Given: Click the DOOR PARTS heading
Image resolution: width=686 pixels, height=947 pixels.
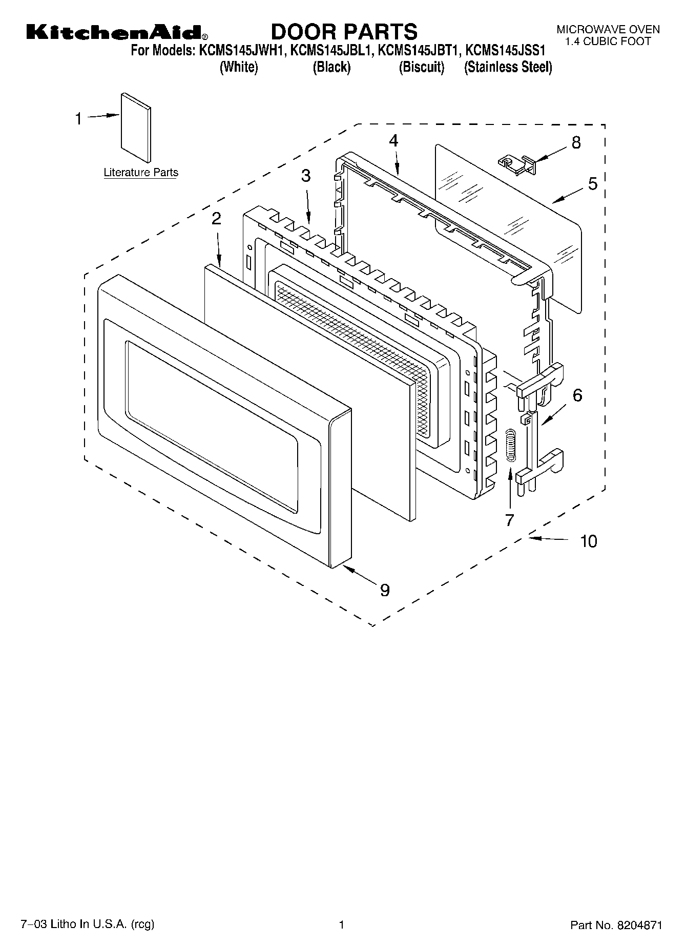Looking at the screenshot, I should pyautogui.click(x=344, y=32).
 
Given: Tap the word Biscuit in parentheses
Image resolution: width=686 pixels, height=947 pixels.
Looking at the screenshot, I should pyautogui.click(x=421, y=68).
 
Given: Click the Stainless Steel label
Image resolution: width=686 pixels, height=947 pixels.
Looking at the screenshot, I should pyautogui.click(x=508, y=68).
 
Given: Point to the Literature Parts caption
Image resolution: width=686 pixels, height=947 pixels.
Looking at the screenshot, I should pyautogui.click(x=141, y=173).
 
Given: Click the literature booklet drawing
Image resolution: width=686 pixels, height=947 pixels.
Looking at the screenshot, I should pyautogui.click(x=136, y=126).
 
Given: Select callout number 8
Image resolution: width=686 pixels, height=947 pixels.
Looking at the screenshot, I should pyautogui.click(x=576, y=142).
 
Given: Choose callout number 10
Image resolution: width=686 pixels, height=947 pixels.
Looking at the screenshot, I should pyautogui.click(x=589, y=541).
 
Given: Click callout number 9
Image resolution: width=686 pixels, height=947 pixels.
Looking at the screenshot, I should pyautogui.click(x=385, y=590).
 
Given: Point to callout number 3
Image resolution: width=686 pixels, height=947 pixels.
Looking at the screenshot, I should pyautogui.click(x=305, y=176).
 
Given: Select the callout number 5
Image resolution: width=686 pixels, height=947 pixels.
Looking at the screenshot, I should pyautogui.click(x=593, y=183).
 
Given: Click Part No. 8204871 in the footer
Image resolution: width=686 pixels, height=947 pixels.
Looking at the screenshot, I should pyautogui.click(x=616, y=925).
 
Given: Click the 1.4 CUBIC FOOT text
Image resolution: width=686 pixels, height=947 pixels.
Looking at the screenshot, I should pyautogui.click(x=608, y=41).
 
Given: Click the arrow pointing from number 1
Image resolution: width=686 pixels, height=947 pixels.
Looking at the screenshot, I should pyautogui.click(x=103, y=117).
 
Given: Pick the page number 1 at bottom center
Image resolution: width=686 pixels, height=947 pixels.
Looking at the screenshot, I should pyautogui.click(x=341, y=925).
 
